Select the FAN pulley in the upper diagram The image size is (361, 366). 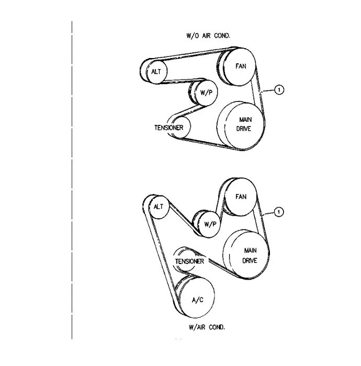tap(241, 66)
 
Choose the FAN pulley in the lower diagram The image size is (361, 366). tap(241, 198)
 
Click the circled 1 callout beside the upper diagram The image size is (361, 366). tap(279, 90)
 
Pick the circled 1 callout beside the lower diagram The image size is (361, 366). tap(279, 212)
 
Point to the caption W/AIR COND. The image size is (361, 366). tap(207, 327)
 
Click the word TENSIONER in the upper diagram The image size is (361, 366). tap(168, 128)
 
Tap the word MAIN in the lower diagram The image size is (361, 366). tap(250, 251)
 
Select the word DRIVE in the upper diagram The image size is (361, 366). tap(244, 129)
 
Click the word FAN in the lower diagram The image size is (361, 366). tap(241, 197)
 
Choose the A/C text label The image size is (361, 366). tap(197, 301)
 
